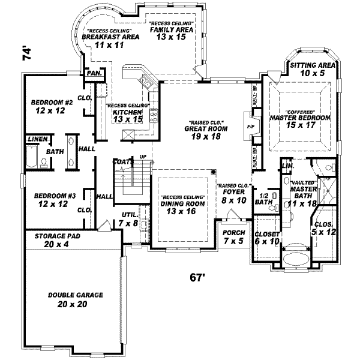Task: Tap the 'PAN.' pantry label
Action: (x=94, y=73)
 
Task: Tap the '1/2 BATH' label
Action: (x=263, y=199)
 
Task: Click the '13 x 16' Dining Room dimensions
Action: (x=181, y=211)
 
